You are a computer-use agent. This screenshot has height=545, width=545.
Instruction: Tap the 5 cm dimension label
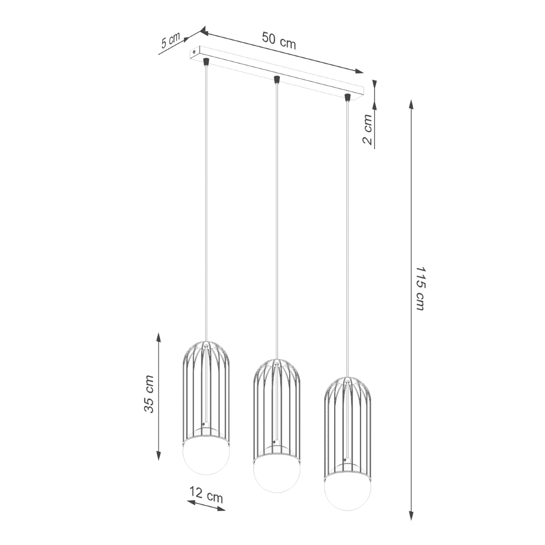click(170, 41)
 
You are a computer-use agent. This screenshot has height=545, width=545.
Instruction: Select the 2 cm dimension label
click(367, 129)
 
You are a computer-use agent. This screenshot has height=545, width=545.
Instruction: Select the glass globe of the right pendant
click(347, 491)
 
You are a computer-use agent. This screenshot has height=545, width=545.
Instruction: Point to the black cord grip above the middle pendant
click(276, 80)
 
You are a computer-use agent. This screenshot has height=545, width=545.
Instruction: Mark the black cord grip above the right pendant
click(347, 97)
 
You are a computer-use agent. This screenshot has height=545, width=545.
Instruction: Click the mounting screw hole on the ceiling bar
click(195, 52)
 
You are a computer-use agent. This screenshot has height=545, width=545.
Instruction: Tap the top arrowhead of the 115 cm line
click(411, 104)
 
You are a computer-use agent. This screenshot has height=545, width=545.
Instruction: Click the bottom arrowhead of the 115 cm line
click(411, 515)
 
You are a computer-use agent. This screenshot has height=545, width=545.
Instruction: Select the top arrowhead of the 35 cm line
click(159, 337)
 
